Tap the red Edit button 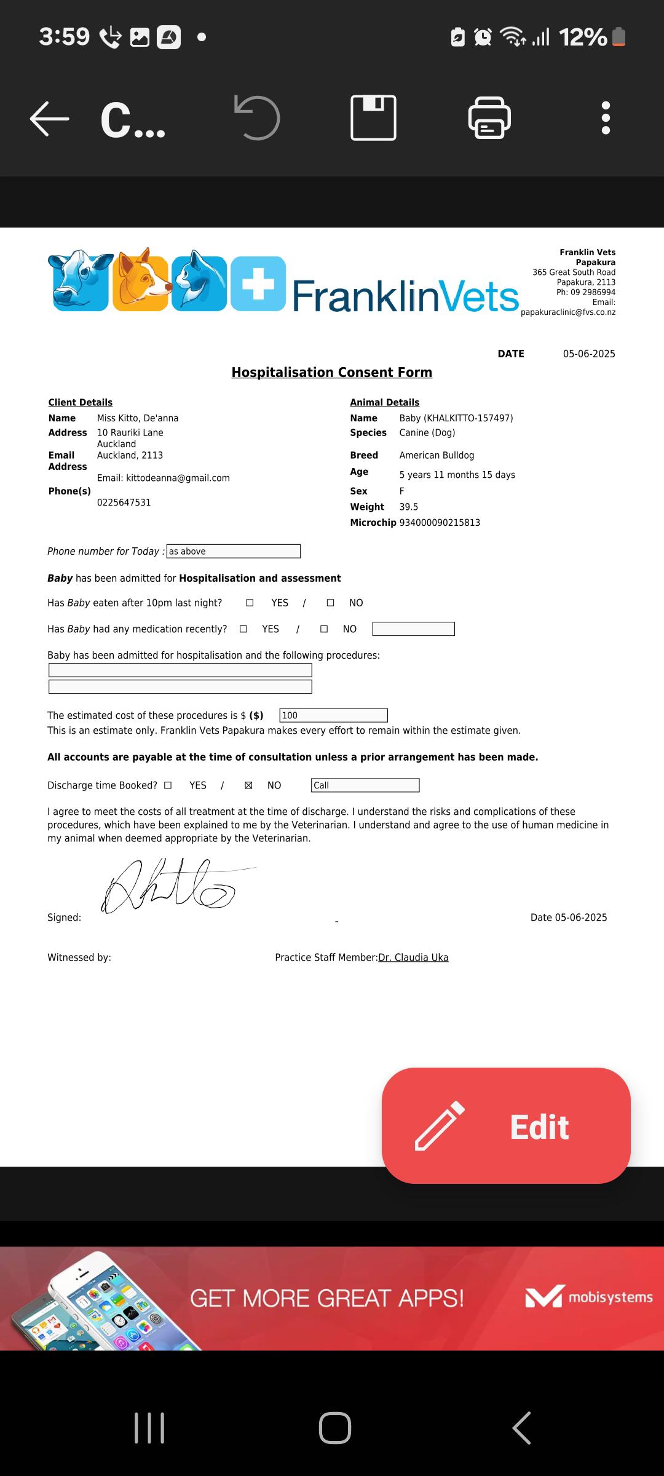coord(506,1125)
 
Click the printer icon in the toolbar coord(489,117)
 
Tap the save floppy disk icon coord(373,117)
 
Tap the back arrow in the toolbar coord(50,118)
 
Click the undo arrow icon coord(257,117)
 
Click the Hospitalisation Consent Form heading coord(331,373)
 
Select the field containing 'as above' coord(234,552)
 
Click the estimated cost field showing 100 coord(333,715)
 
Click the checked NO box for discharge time coord(248,785)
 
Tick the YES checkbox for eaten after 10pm coord(250,603)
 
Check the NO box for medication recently coord(324,629)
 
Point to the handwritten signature coord(169,886)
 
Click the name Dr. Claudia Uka coord(413,958)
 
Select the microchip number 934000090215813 coord(440,523)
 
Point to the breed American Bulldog coord(437,456)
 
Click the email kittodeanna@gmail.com coord(178,478)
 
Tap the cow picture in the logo coord(80,280)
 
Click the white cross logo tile coord(258,284)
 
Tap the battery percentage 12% coord(583,38)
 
